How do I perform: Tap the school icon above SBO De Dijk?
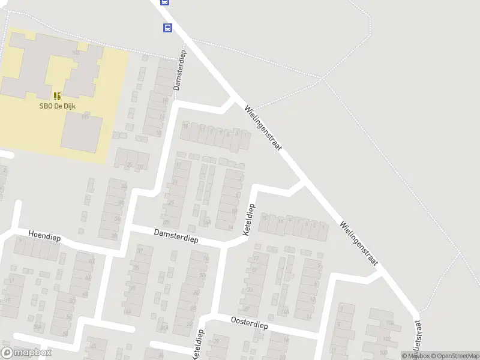click(x=57, y=96)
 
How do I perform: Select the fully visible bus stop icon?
click(x=167, y=28)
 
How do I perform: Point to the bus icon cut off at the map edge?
click(x=164, y=2)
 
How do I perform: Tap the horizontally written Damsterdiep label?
click(x=175, y=235)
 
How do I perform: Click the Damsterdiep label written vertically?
click(x=180, y=70)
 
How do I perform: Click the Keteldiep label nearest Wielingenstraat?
click(x=250, y=220)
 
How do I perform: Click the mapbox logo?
click(x=26, y=352)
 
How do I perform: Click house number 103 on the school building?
click(x=76, y=53)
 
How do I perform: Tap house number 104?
click(x=390, y=323)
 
